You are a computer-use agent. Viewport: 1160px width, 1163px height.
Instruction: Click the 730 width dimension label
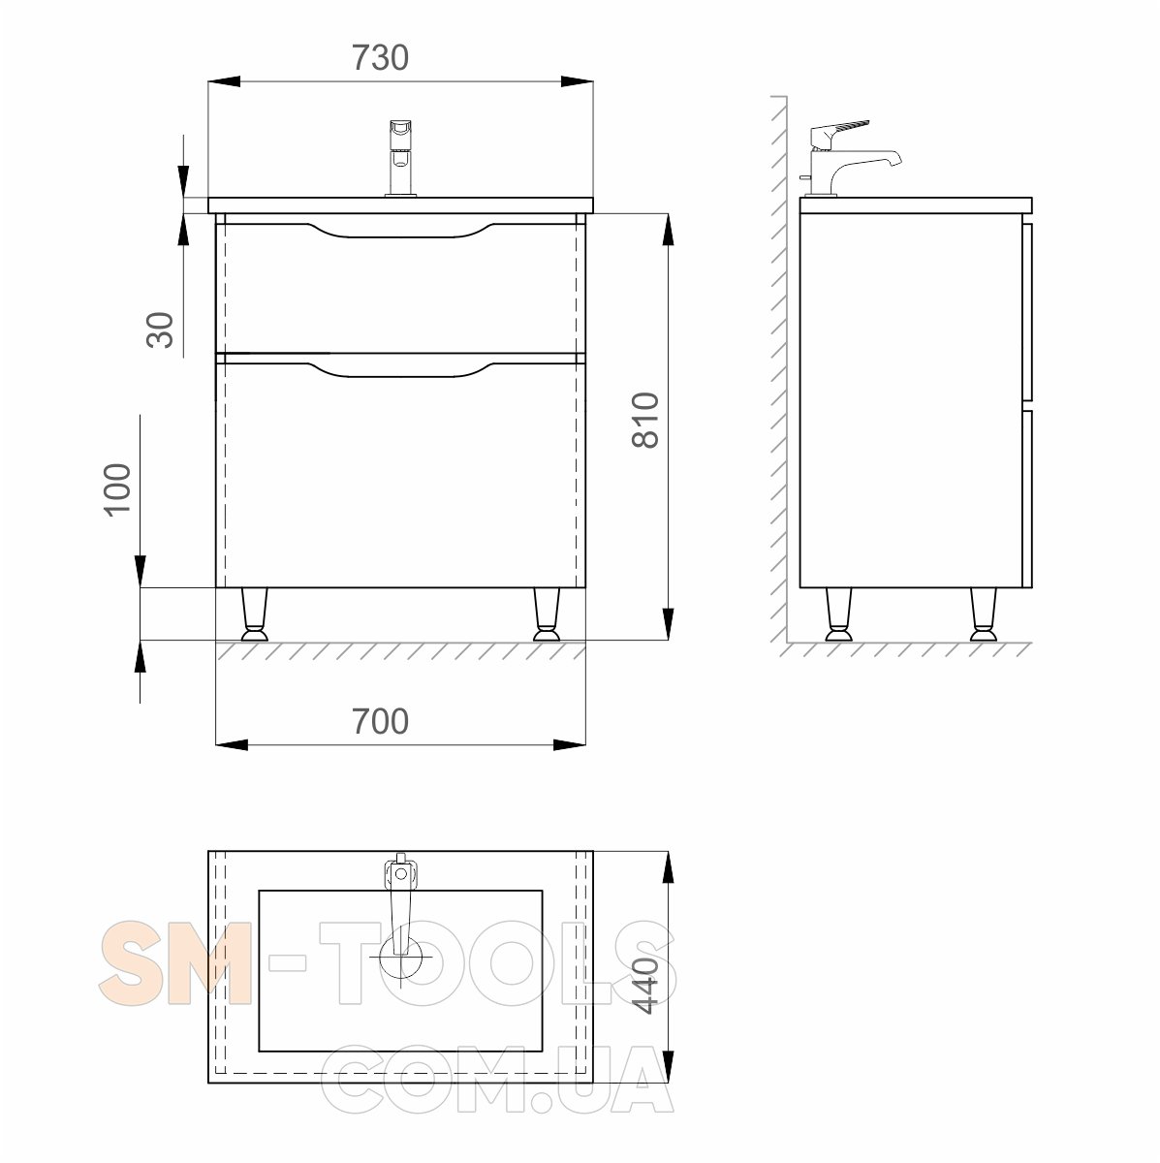380,58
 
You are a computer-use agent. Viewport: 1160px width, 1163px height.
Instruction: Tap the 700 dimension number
380,721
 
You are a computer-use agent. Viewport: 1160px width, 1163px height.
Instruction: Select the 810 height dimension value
645,420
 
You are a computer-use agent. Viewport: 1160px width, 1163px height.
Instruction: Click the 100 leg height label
117,489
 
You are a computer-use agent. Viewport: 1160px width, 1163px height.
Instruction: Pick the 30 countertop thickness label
160,330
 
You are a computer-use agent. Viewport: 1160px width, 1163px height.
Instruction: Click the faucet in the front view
401,158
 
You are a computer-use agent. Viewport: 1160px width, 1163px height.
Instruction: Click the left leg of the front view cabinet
254,613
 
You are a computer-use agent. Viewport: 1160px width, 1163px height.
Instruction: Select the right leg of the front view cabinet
547,613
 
